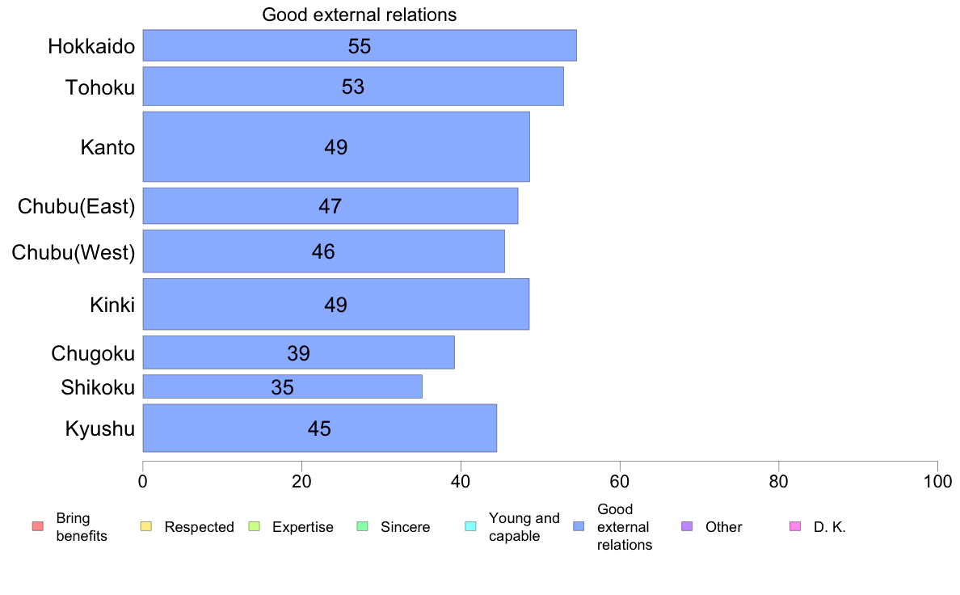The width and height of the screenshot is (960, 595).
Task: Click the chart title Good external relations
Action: tap(360, 15)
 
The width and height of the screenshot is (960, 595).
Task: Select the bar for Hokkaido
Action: tap(360, 45)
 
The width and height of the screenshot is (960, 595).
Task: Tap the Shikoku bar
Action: tap(282, 386)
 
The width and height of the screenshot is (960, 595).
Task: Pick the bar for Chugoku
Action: tap(298, 352)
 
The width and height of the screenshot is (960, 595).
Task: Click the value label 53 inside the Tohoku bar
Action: tap(353, 87)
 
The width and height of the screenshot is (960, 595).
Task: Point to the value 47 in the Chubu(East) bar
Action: tap(330, 206)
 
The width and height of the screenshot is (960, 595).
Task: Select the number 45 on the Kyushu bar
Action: tap(319, 428)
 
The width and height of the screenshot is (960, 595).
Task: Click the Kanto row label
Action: tap(107, 147)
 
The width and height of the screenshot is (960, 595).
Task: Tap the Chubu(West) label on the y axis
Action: tap(73, 252)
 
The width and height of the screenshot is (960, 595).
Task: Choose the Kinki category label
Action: tap(112, 305)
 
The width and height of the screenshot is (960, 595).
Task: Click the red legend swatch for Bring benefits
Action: tap(37, 527)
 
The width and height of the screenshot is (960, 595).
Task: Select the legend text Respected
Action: tap(199, 527)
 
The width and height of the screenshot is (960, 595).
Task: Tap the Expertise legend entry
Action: tap(302, 527)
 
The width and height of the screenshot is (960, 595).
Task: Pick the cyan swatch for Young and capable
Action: tap(470, 527)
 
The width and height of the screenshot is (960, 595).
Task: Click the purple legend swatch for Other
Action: tap(687, 527)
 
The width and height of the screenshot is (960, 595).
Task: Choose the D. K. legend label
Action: tap(829, 527)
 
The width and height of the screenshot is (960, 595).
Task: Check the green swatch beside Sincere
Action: tap(362, 527)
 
